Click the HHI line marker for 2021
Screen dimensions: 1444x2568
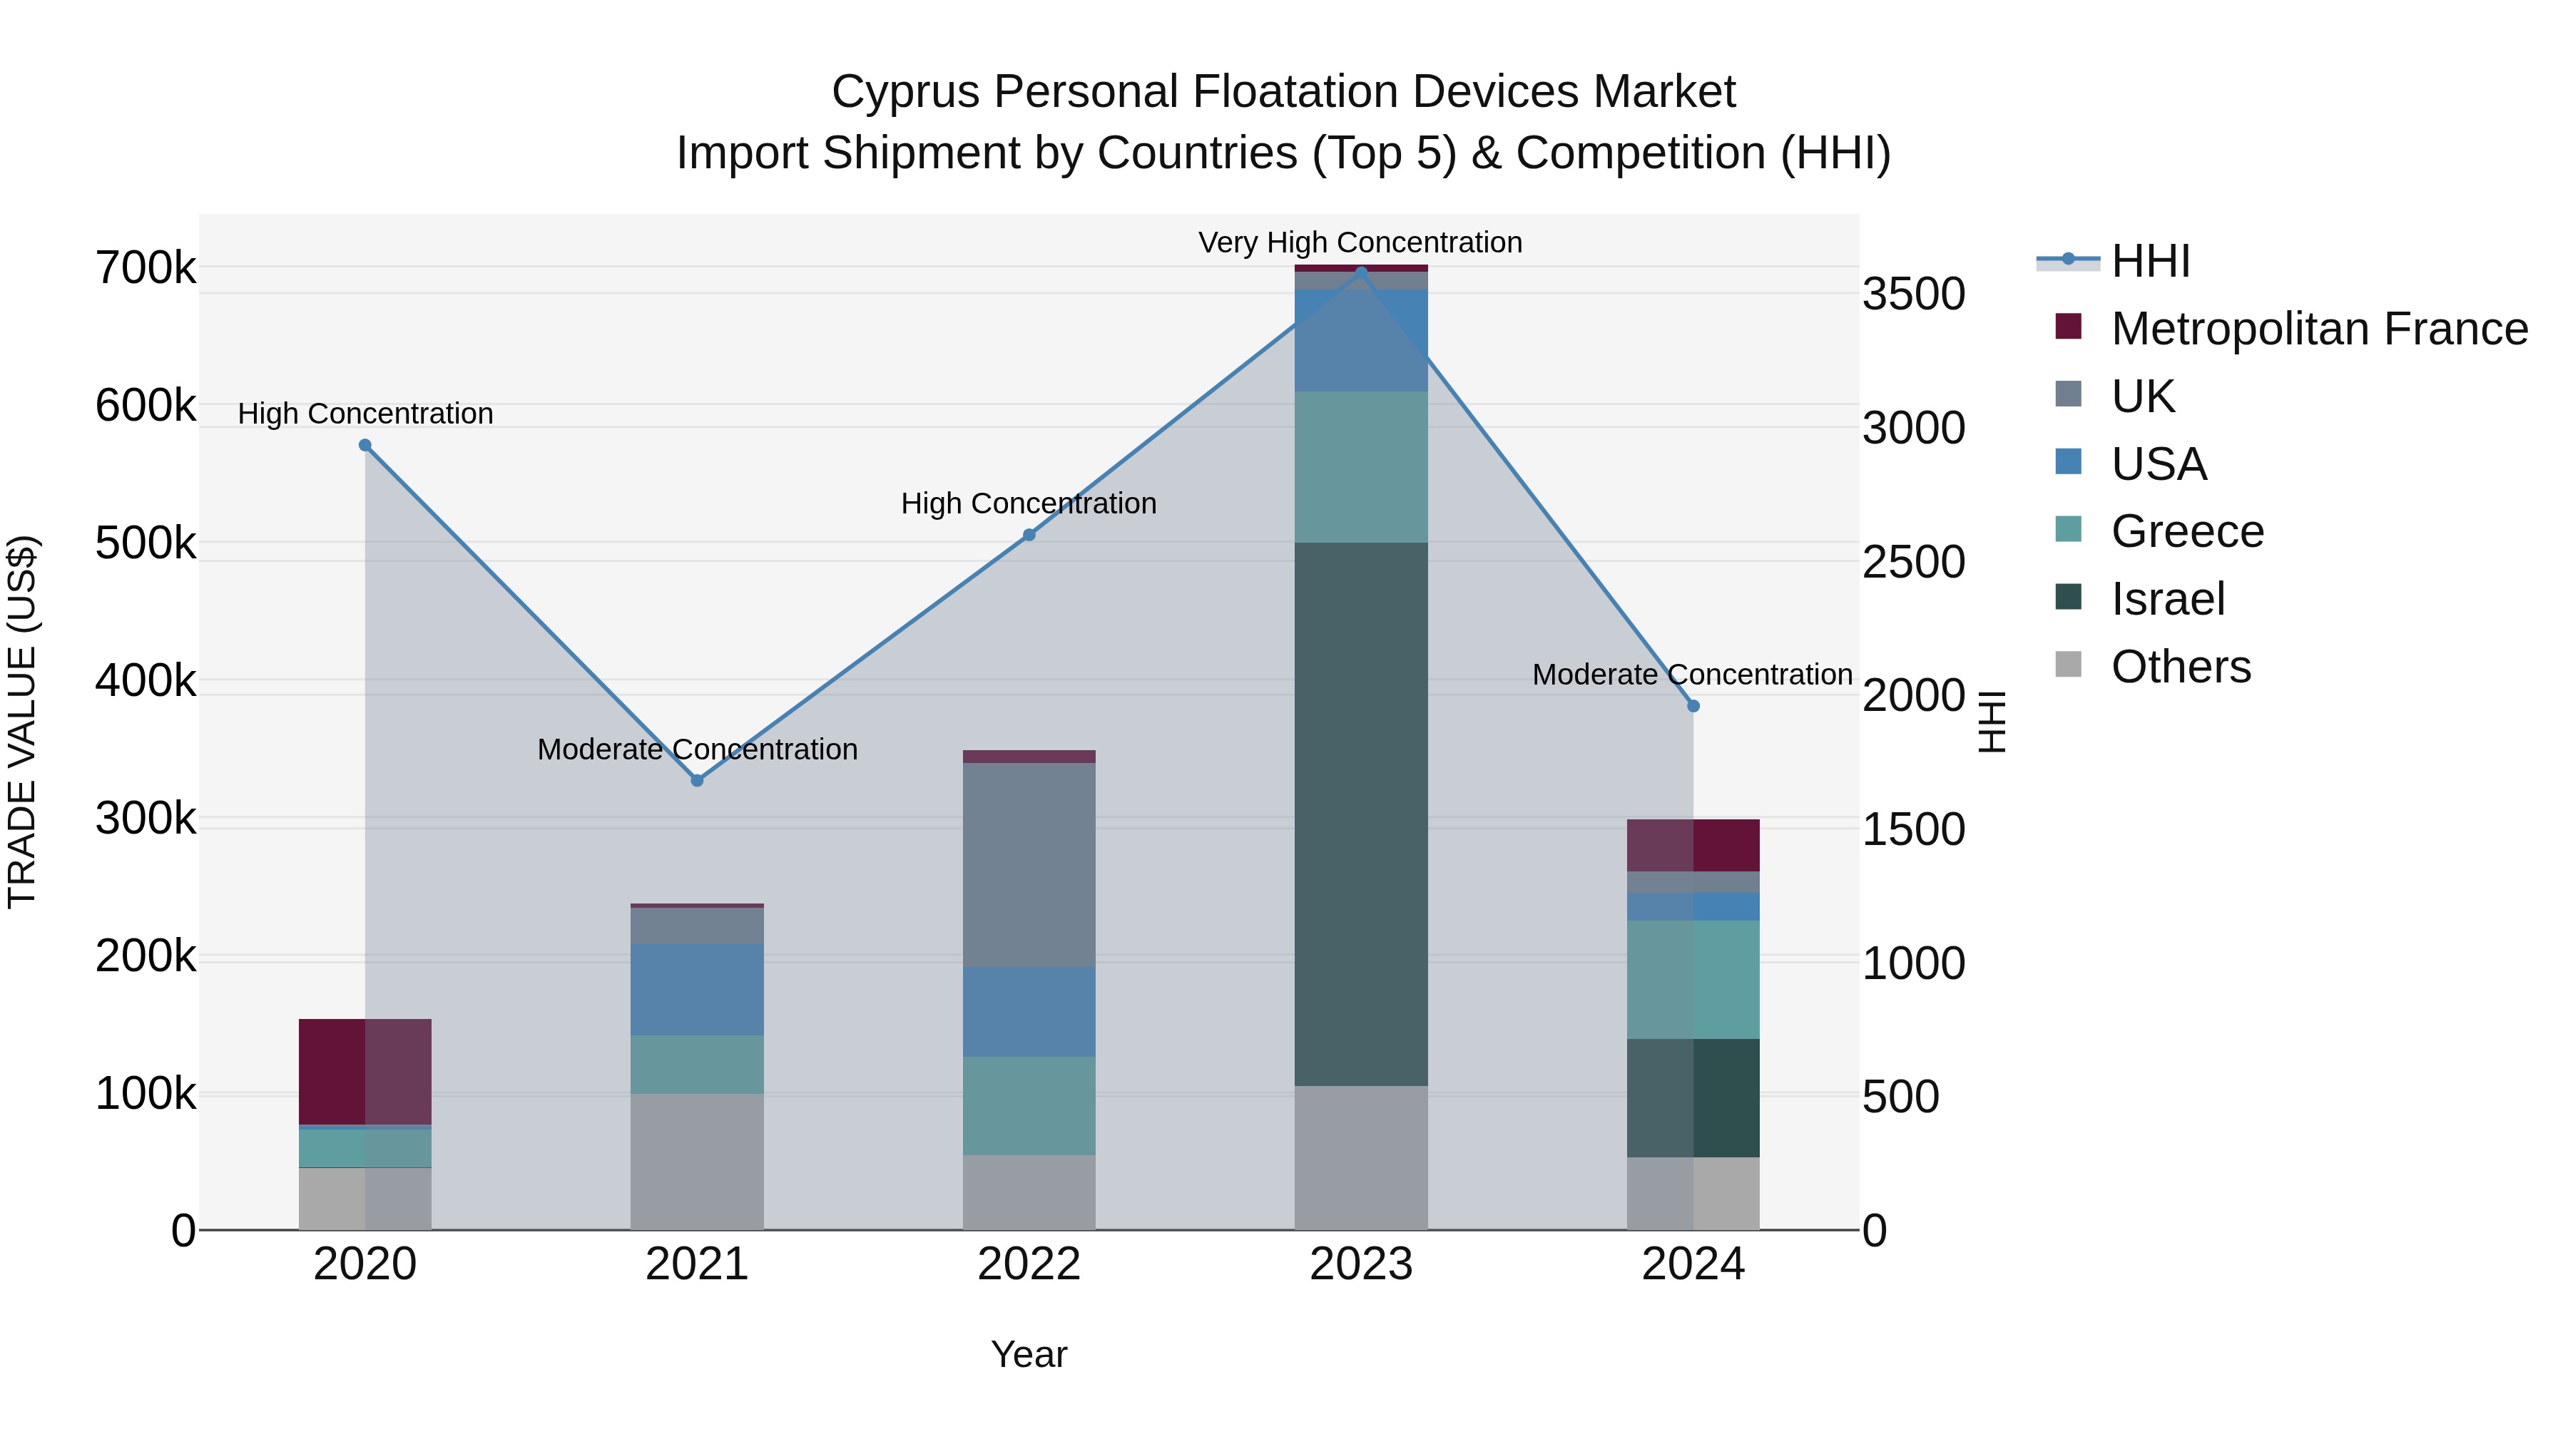[x=697, y=780]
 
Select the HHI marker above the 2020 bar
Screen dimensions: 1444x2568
[x=365, y=446]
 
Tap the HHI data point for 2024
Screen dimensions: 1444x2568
[x=1693, y=705]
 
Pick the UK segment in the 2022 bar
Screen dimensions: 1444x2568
[x=1029, y=864]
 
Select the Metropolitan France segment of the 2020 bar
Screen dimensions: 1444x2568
[x=365, y=1071]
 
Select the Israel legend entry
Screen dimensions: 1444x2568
[x=2167, y=599]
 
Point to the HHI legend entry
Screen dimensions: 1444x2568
[x=2149, y=261]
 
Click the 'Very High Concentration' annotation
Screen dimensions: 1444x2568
[x=1360, y=242]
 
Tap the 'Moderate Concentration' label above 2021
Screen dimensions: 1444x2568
[x=697, y=749]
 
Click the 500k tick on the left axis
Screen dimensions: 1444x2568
[x=146, y=544]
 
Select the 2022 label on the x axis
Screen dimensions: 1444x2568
[x=1029, y=1264]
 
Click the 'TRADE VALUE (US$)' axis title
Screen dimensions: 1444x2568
[x=22, y=722]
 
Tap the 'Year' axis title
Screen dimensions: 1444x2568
[x=1029, y=1354]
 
